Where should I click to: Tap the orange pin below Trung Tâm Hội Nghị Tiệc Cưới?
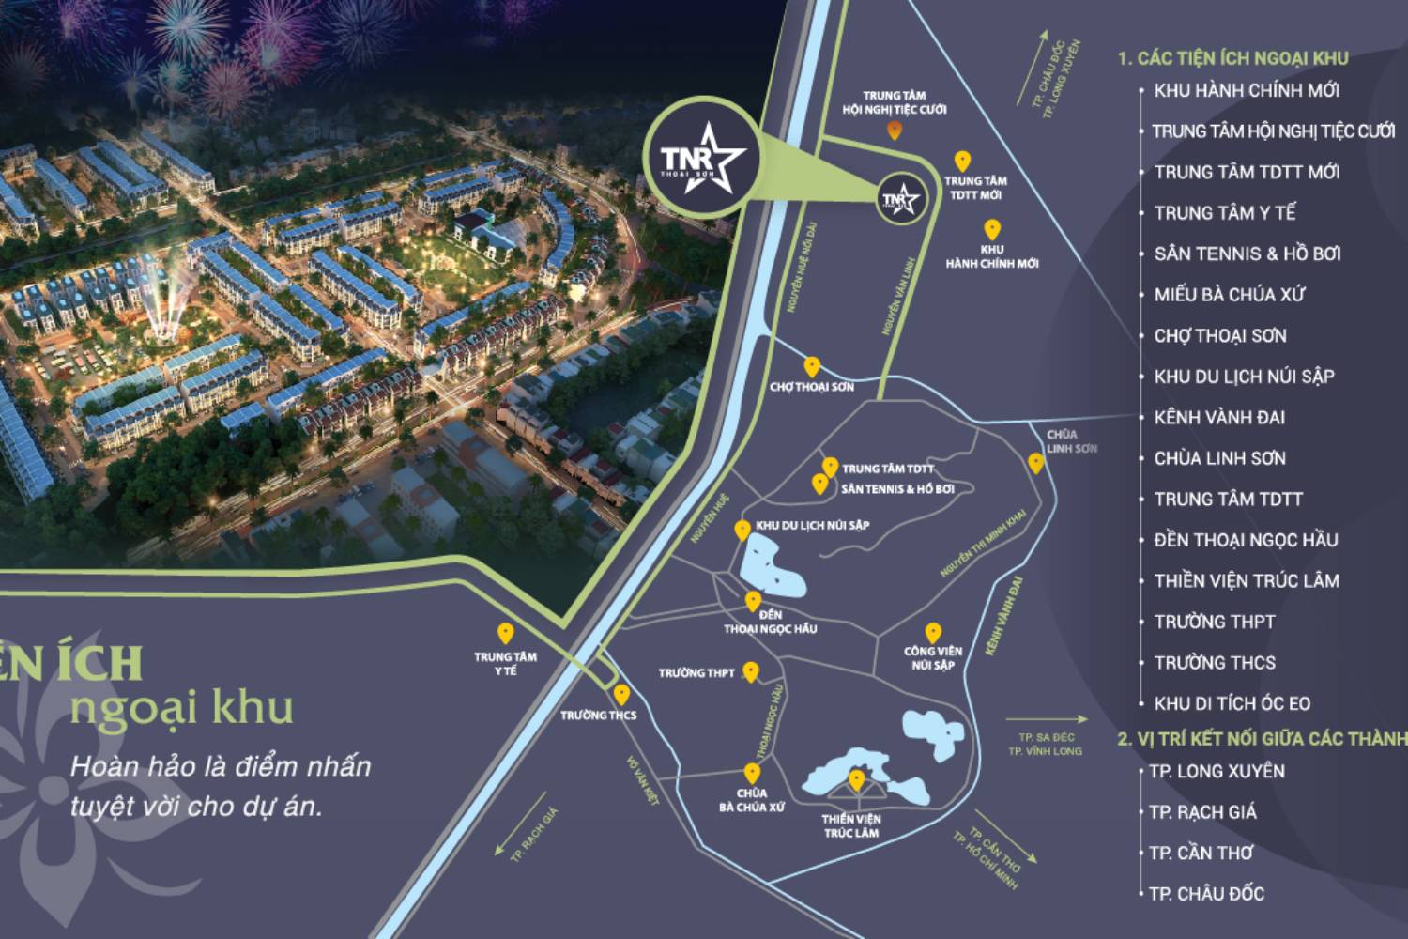895,131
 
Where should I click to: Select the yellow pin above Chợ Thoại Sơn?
812,367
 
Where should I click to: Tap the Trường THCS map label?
598,716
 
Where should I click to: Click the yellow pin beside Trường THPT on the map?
750,671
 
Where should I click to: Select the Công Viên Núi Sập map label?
932,657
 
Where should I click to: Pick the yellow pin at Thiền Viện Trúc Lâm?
856,780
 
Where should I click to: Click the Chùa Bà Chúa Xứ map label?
751,800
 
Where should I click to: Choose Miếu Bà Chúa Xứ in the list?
1229,295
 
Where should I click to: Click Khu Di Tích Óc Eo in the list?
1232,703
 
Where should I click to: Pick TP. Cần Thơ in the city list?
1201,853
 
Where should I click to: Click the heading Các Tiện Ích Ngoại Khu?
1232,58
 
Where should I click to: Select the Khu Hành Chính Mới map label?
991,256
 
